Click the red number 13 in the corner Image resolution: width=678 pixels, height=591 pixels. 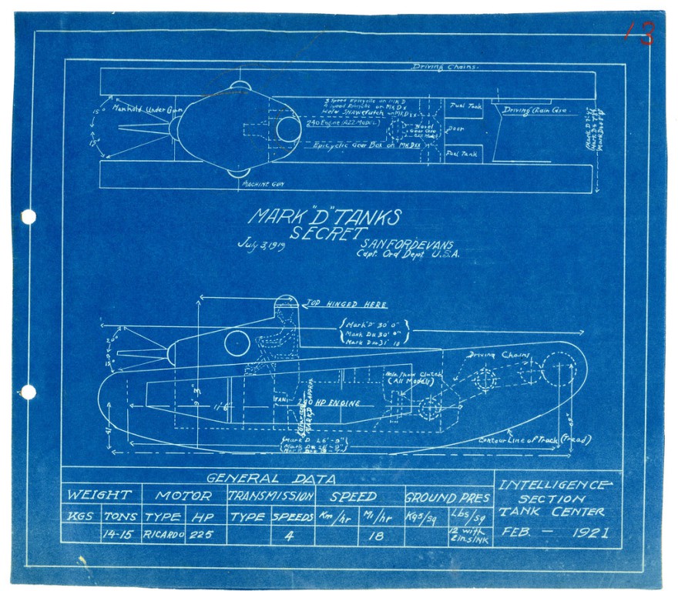(640, 33)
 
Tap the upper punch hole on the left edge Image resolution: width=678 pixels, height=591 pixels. (29, 217)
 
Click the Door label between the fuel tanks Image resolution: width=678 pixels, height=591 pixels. (455, 129)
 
